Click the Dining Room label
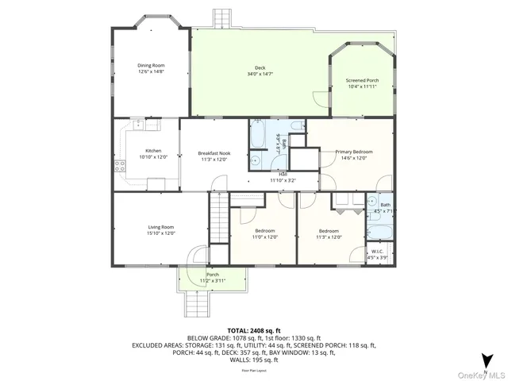pos(151,65)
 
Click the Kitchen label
pos(153,151)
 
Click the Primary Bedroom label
pos(353,151)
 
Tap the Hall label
pos(283,174)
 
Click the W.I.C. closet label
pos(378,252)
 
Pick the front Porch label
pos(213,275)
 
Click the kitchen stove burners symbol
pos(120,166)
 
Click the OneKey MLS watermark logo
pos(480,375)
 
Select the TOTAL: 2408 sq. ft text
pos(254,330)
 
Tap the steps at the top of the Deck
pos(223,17)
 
